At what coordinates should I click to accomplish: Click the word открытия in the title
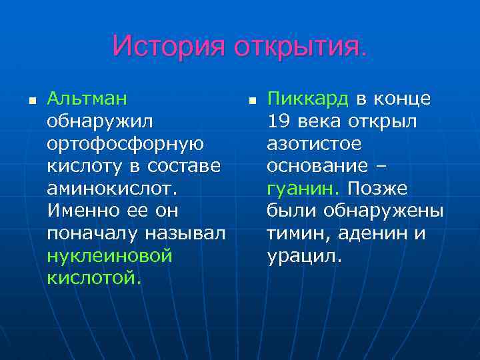[299, 47]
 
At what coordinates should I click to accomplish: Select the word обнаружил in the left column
[100, 122]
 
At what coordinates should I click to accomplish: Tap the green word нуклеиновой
[110, 256]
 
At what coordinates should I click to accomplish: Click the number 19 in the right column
[278, 122]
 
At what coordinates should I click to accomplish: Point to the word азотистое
[314, 144]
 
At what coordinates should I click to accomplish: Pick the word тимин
[299, 234]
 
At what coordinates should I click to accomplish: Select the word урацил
[304, 256]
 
